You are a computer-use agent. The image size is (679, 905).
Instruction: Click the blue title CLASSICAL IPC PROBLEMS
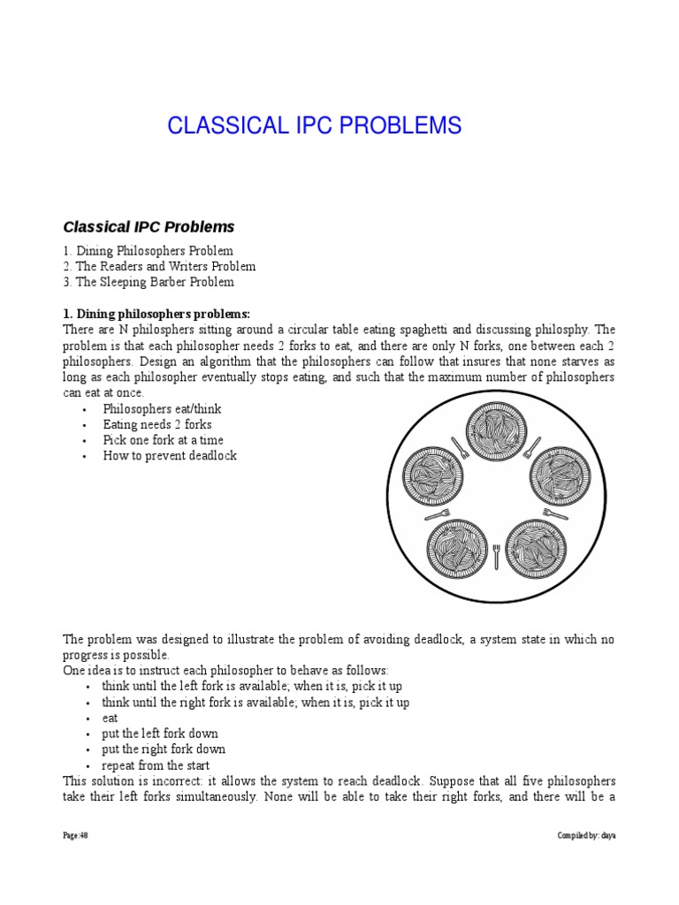coord(314,126)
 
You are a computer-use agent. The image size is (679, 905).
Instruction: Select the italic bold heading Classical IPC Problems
coord(149,227)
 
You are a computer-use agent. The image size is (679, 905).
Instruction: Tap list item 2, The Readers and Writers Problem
coord(159,266)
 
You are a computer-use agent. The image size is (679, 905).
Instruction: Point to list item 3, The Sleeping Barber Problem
coord(149,282)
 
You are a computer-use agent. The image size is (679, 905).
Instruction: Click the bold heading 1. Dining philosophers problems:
coord(156,314)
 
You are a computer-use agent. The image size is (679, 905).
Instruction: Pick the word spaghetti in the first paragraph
coord(428,330)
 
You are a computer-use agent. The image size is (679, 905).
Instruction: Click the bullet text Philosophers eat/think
coord(162,408)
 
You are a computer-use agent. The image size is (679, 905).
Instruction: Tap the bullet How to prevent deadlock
coord(169,456)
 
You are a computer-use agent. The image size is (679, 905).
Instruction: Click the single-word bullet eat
coord(110,718)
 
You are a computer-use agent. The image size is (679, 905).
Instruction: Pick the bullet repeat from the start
coord(156,765)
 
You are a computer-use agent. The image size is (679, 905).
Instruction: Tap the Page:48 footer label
coord(75,835)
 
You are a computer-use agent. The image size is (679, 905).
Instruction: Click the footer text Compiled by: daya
coord(586,835)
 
